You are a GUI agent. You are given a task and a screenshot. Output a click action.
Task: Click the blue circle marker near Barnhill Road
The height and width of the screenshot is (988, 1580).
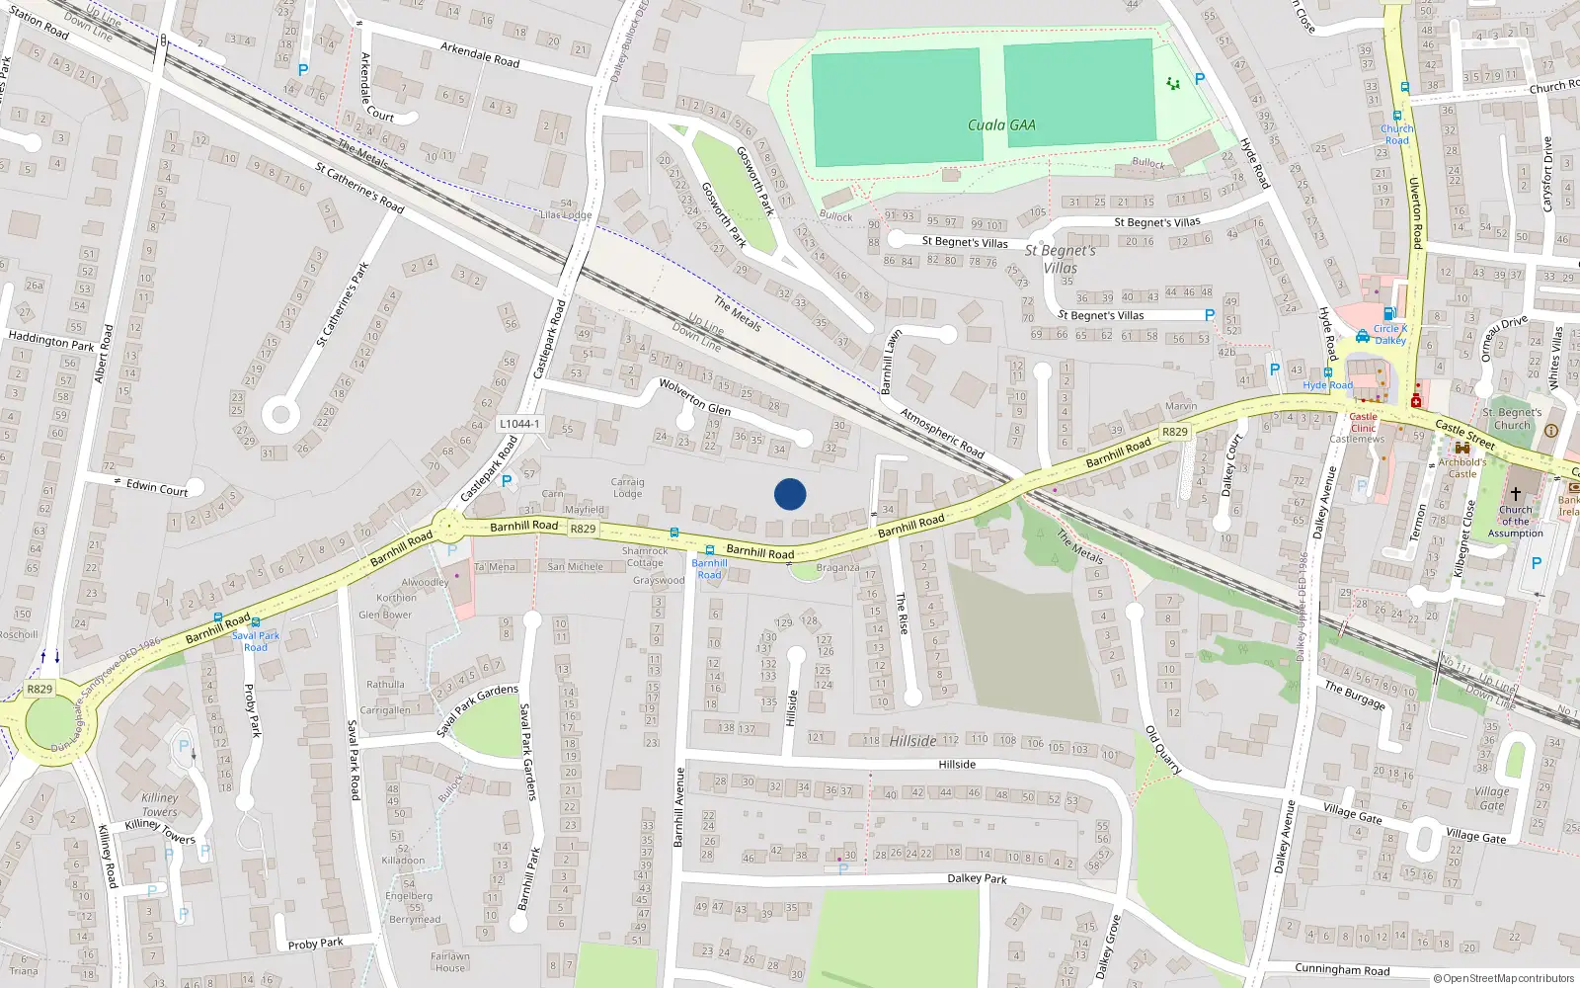(790, 494)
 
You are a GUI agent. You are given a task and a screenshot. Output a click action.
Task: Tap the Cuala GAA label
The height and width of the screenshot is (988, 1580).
(1001, 125)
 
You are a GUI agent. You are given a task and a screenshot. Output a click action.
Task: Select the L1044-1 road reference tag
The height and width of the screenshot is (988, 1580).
(519, 424)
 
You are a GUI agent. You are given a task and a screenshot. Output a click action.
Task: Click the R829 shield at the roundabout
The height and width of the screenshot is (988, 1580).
(39, 689)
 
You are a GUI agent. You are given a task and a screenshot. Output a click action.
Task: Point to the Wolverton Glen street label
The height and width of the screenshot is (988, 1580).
(695, 397)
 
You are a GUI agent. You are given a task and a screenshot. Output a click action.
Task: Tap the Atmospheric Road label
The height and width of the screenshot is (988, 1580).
(942, 433)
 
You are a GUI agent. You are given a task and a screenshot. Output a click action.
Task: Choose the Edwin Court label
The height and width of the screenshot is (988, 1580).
(157, 488)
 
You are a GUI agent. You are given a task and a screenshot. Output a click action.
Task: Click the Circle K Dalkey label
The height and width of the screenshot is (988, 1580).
(1389, 334)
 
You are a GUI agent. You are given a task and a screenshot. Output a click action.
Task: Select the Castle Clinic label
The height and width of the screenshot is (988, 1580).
(1363, 422)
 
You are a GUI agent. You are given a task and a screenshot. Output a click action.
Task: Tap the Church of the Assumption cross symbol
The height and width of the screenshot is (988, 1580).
(1515, 493)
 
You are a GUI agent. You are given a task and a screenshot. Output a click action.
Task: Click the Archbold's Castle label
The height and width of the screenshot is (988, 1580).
(1461, 467)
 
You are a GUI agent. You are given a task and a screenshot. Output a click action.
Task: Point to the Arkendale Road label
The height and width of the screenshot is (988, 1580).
(480, 54)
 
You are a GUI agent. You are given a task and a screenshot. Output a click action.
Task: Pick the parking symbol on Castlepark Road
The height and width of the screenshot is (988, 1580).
(507, 481)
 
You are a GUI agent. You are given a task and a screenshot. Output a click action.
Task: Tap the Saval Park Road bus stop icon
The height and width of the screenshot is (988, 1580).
(256, 622)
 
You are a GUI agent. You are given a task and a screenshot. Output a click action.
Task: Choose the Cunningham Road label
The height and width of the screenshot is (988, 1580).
(1342, 970)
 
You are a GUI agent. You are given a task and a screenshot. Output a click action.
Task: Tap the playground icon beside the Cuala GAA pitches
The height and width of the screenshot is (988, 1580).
(1172, 84)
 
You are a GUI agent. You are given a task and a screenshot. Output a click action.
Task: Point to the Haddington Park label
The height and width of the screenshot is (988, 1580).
(50, 341)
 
